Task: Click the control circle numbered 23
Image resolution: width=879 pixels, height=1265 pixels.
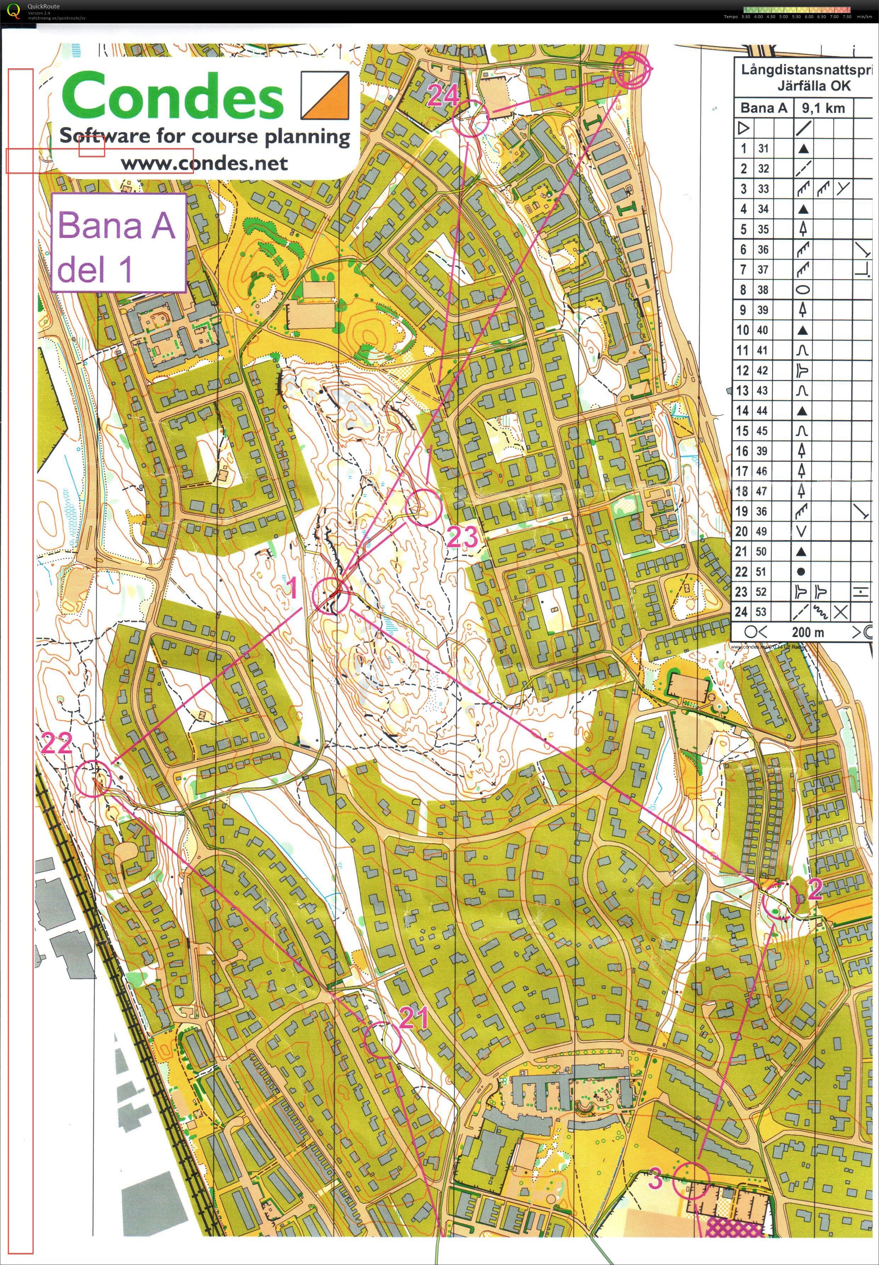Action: point(423,507)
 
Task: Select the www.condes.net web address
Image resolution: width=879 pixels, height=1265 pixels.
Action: point(204,163)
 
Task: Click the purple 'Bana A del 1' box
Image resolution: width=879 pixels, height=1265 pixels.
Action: point(118,243)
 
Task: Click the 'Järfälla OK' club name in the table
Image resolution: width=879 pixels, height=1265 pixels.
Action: point(814,86)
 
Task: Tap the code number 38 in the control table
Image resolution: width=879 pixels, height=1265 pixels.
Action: point(763,290)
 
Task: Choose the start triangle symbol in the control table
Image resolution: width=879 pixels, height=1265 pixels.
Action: point(743,128)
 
